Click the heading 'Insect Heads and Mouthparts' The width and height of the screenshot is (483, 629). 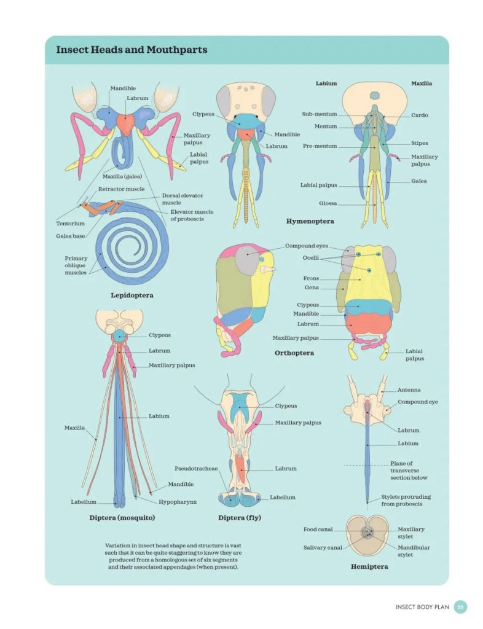coord(132,50)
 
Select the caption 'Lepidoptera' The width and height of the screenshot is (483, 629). coord(132,295)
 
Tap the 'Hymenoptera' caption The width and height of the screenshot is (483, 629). coord(310,221)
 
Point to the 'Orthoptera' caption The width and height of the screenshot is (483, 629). coord(294,353)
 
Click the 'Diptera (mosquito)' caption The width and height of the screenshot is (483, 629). coord(122,517)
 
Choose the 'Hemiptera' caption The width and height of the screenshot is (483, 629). coord(369,566)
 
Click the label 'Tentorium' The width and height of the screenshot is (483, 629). coord(70,224)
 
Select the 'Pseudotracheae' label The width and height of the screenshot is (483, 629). coord(196,469)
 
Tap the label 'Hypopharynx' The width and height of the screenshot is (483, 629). coord(178,502)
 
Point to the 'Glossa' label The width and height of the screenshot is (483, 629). coord(328,203)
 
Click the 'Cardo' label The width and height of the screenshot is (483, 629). coord(420,115)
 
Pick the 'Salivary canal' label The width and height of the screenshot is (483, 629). coord(323,547)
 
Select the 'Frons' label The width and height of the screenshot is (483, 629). coord(311,278)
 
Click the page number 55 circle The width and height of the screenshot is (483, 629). coord(460,607)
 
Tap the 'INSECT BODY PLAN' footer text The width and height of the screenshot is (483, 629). coord(422,607)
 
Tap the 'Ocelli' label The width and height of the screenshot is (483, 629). coord(310,257)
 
